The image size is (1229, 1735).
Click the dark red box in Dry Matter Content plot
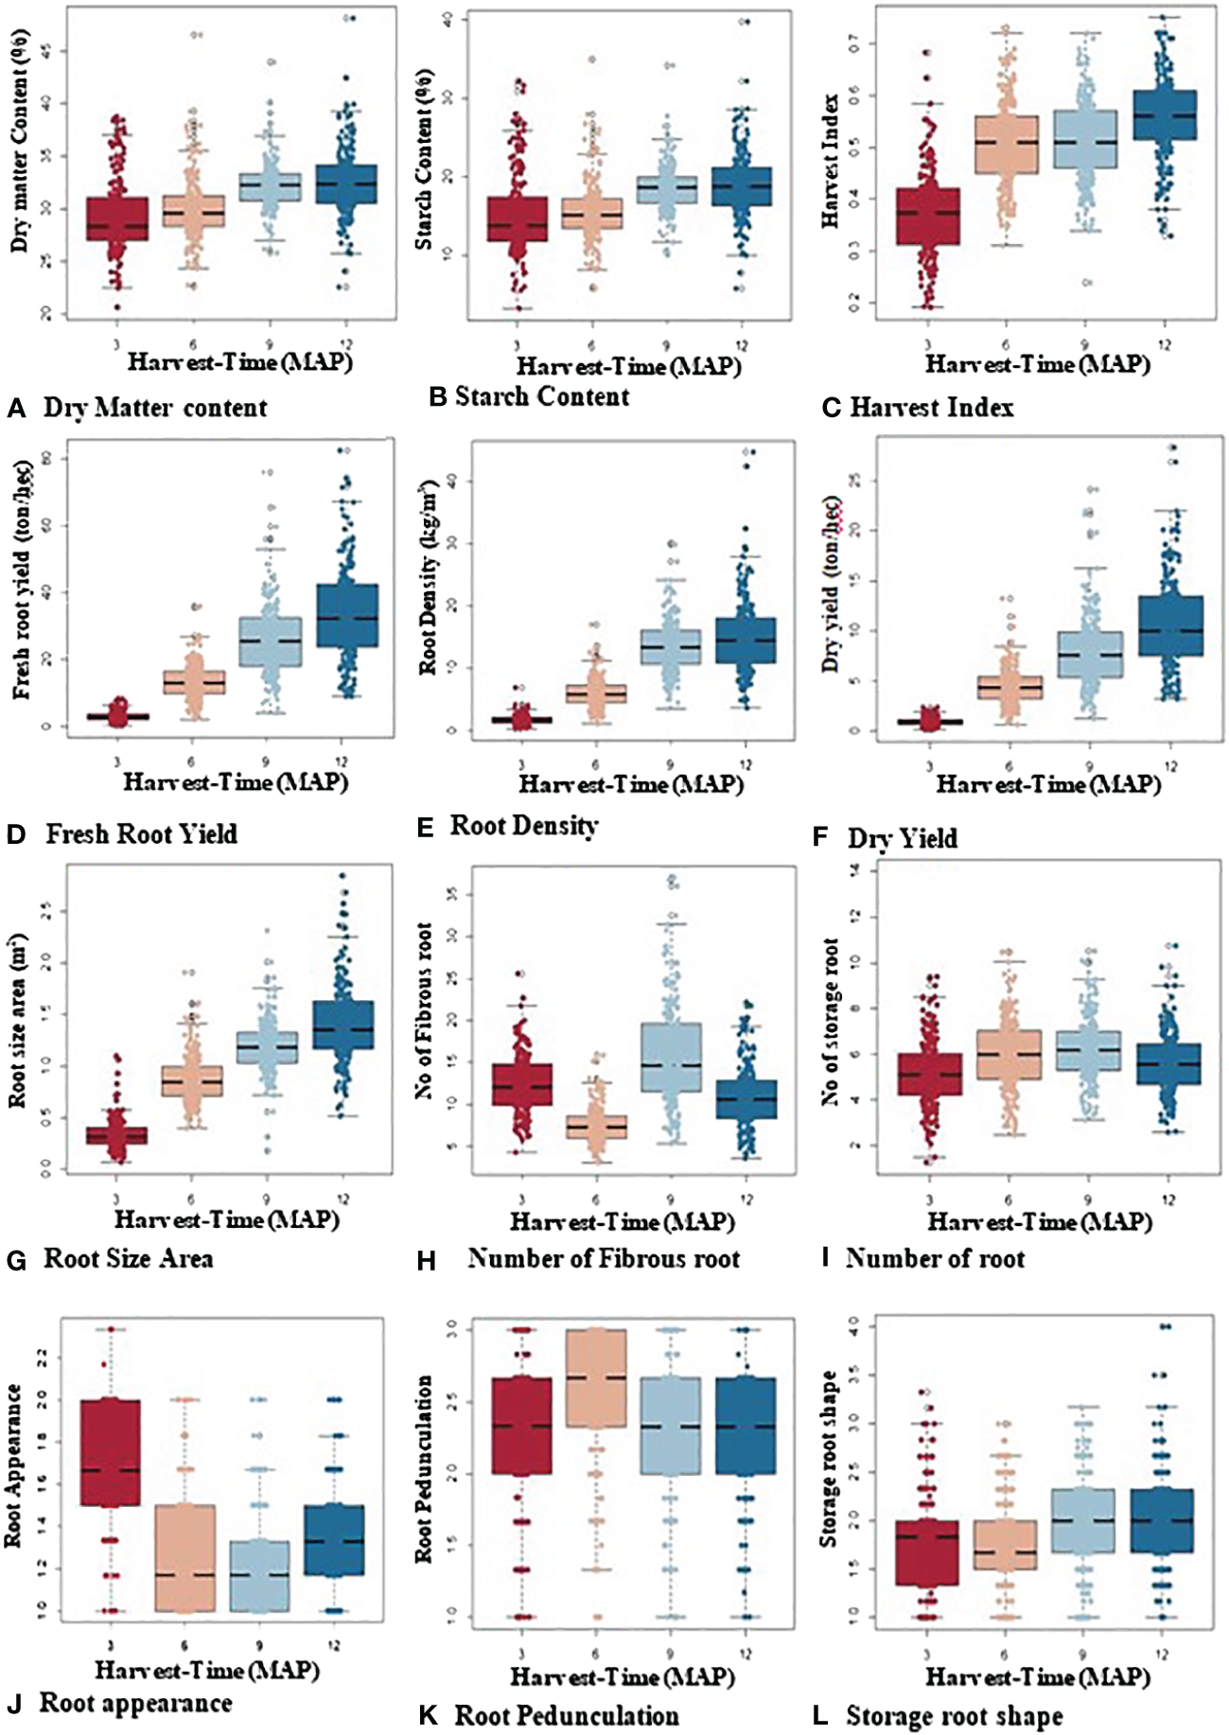point(117,219)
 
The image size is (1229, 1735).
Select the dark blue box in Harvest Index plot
point(1165,114)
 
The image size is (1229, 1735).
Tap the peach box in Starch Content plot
point(592,214)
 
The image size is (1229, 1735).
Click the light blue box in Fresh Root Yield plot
point(269,641)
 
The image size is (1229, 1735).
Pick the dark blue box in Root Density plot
point(746,640)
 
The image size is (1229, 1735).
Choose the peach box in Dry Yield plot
point(1010,688)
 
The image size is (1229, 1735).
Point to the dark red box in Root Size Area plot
point(117,1135)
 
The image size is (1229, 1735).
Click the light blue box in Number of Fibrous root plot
point(671,1058)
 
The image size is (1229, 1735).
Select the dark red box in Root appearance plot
point(111,1452)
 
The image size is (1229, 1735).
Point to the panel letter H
point(426,1260)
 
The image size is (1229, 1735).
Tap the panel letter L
point(820,1717)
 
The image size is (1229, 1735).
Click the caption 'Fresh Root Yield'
point(142,834)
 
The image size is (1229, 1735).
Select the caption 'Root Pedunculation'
point(567,1716)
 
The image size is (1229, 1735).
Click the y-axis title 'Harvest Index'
point(831,161)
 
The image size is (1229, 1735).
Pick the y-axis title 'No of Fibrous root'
point(424,1010)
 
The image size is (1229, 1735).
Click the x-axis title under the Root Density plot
point(631,784)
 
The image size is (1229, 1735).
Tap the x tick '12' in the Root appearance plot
point(334,1646)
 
